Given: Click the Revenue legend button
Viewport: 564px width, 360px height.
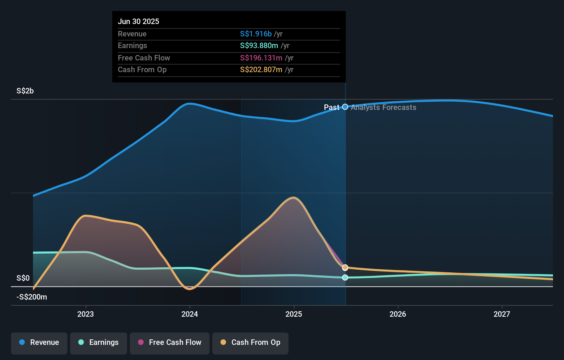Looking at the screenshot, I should (39, 342).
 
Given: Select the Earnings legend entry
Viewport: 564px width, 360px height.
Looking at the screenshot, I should (99, 342).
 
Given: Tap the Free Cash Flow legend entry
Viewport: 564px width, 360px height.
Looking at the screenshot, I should (170, 342).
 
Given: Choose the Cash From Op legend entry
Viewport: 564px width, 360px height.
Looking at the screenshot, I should (250, 342).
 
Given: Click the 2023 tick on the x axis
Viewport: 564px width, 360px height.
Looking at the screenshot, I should (86, 314).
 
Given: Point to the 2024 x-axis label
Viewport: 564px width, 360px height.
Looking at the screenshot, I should (190, 314).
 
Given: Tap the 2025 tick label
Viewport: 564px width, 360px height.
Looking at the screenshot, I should (294, 314).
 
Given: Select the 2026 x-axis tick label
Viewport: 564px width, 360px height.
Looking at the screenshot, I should (398, 314).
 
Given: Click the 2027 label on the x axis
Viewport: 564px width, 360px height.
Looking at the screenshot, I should (502, 314).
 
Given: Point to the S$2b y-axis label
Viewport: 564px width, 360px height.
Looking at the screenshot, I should (25, 91).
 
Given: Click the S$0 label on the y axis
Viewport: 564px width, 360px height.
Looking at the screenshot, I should (23, 278).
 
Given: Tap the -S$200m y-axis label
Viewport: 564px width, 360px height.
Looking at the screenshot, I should (32, 297).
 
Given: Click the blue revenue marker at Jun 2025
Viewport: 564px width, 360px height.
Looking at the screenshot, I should (345, 107).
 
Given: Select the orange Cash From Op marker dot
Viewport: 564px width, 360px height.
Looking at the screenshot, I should (345, 267).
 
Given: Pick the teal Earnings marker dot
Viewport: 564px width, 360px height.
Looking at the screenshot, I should (345, 277).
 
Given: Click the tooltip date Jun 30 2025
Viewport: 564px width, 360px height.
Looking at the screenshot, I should (138, 21).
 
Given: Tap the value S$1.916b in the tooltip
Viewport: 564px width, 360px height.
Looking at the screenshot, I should (256, 34).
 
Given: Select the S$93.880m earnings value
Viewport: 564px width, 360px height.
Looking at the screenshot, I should (259, 46).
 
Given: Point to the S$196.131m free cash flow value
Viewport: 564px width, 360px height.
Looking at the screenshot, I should (261, 58).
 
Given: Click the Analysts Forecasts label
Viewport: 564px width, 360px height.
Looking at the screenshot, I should (383, 108).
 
